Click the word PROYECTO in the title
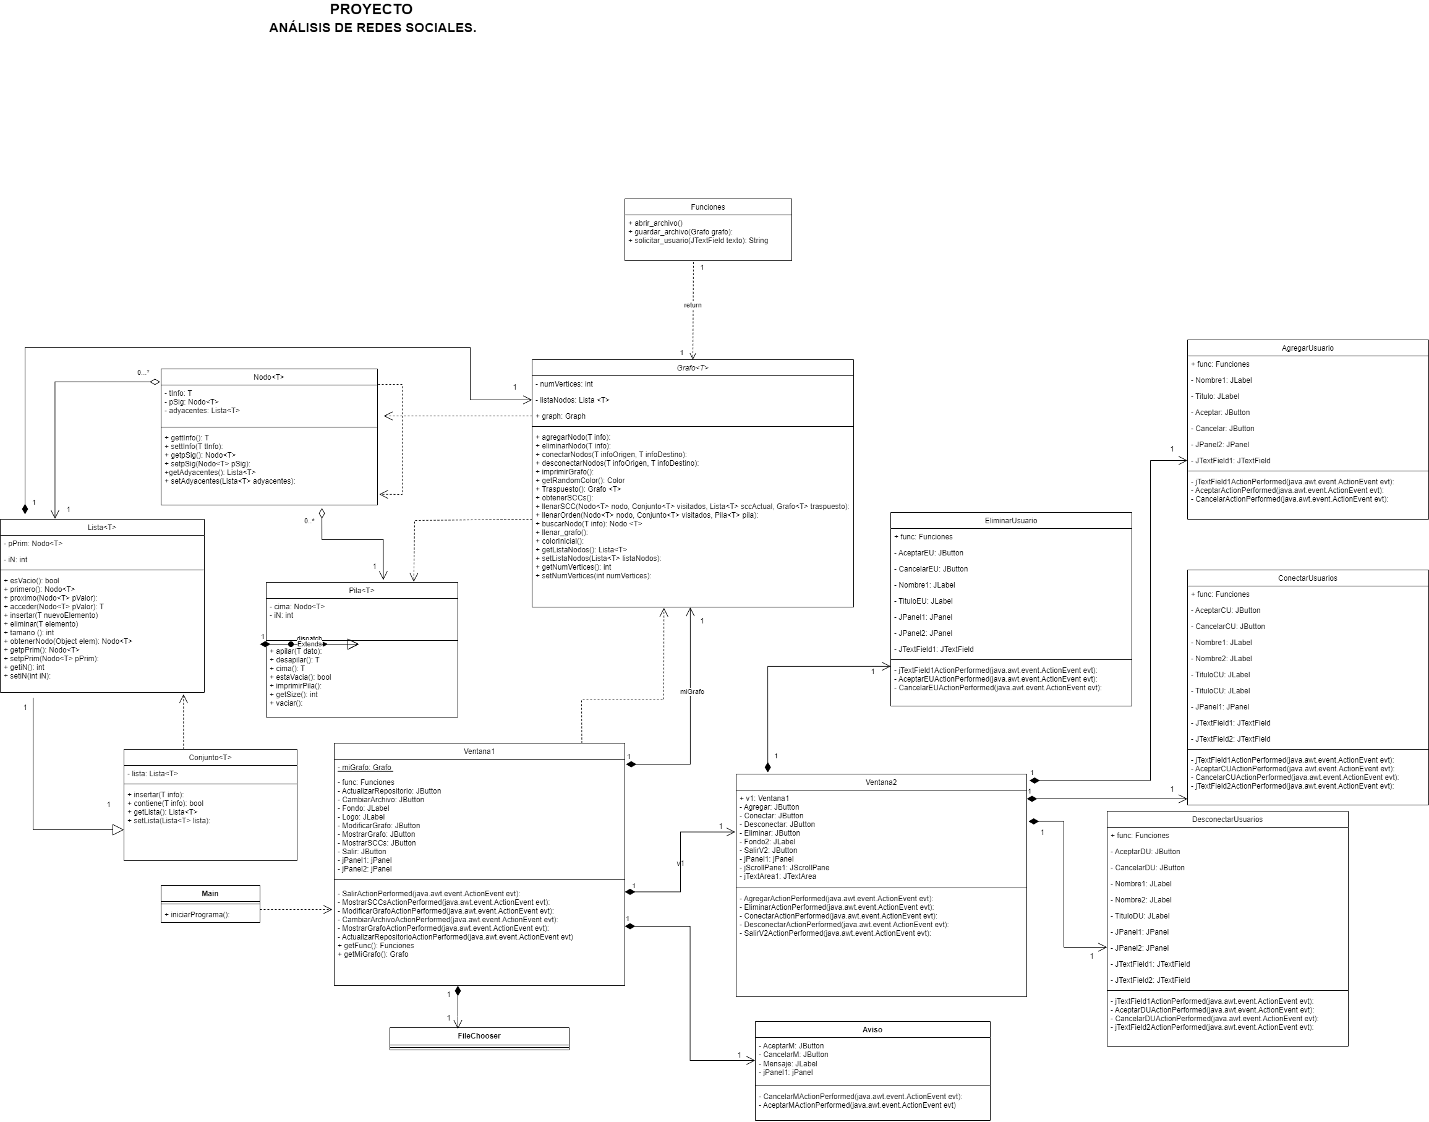(x=371, y=9)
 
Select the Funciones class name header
(x=707, y=207)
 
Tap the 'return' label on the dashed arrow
(x=692, y=305)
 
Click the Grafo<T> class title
(x=692, y=368)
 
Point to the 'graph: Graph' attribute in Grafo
(x=563, y=416)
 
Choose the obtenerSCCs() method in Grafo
(x=567, y=498)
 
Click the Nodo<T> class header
(x=268, y=377)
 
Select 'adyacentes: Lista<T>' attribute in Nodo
(x=203, y=411)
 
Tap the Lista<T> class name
(x=102, y=528)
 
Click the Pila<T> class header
(x=361, y=591)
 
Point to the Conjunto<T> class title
(x=210, y=758)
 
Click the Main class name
(x=210, y=893)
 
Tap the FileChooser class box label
(x=479, y=1036)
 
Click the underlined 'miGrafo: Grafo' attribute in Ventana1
(x=366, y=767)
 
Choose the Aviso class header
(x=872, y=1029)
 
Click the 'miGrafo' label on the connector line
(x=691, y=692)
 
